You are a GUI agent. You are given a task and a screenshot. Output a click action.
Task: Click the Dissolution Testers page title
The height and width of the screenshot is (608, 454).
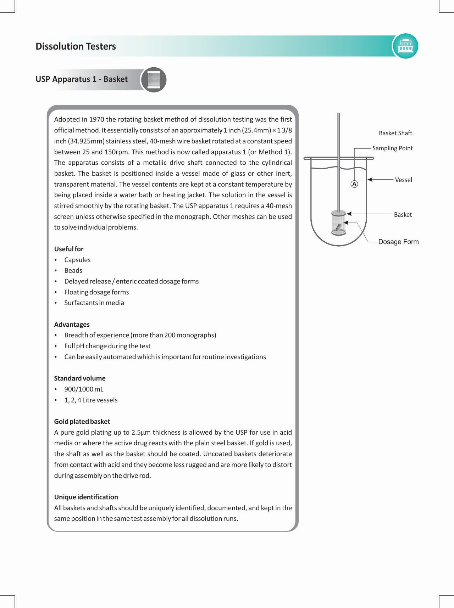coord(76,46)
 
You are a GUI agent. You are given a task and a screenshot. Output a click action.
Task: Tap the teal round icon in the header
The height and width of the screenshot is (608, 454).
coord(405,46)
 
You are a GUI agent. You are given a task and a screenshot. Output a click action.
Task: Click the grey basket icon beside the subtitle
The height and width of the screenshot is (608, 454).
coord(154,80)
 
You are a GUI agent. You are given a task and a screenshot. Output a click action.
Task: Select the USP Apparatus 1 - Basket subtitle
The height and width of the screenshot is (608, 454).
coord(82,79)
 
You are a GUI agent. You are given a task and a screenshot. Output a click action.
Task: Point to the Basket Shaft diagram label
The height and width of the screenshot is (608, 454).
coord(395,133)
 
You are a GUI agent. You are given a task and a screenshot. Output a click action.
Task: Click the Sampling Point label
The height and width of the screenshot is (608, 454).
coord(392,148)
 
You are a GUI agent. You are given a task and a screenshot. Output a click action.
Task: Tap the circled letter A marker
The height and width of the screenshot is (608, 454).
coord(354,184)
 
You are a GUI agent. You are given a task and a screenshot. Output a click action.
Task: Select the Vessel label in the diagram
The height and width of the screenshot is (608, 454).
coord(403,180)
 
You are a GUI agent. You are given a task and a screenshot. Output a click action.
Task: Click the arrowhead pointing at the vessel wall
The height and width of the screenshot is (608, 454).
coord(370,180)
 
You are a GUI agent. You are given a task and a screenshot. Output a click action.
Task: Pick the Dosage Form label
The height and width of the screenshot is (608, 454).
coord(398,242)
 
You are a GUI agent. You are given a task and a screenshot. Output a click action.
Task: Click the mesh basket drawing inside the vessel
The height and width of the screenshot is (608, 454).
coord(338,223)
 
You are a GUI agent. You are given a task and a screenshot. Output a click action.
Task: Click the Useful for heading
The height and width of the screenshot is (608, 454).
coord(69,249)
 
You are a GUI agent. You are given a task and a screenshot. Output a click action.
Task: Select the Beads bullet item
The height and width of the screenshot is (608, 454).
coord(73,271)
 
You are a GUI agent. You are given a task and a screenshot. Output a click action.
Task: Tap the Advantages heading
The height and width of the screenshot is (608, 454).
coord(72,325)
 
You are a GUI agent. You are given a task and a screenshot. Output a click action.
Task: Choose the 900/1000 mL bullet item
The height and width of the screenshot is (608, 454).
coord(84,389)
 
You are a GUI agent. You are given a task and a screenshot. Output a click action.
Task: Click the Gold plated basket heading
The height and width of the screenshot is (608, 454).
coord(82,422)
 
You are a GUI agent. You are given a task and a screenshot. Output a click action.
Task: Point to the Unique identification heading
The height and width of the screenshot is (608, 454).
coord(86,497)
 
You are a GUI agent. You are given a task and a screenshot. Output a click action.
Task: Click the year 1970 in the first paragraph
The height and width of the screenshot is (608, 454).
coord(96,119)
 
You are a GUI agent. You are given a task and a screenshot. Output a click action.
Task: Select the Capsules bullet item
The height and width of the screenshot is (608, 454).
coord(77,260)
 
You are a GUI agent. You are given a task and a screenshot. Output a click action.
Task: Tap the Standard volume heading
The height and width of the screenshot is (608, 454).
coord(80,378)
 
